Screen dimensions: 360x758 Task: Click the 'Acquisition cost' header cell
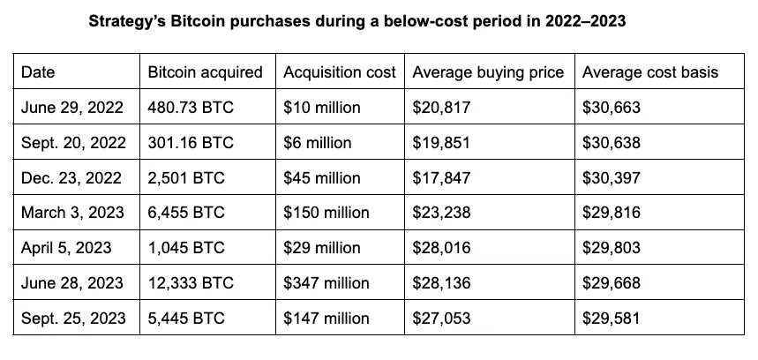pyautogui.click(x=340, y=72)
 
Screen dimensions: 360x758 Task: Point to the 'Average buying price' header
pyautogui.click(x=488, y=72)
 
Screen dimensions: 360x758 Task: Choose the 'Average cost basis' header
pyautogui.click(x=650, y=72)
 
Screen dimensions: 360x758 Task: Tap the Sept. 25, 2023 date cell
pyautogui.click(x=72, y=319)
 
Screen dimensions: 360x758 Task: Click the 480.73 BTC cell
pyautogui.click(x=186, y=108)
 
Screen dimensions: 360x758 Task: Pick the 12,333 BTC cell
pyautogui.click(x=191, y=283)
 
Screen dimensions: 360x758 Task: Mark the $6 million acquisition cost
pyautogui.click(x=318, y=143)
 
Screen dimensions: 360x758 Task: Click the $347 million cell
pyautogui.click(x=326, y=283)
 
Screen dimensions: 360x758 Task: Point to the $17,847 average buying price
pyautogui.click(x=442, y=177)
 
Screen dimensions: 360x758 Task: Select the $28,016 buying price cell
pyautogui.click(x=442, y=248)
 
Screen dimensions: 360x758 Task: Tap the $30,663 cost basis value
pyautogui.click(x=612, y=108)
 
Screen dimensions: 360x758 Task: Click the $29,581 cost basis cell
pyautogui.click(x=612, y=319)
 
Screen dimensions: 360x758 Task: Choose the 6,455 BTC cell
pyautogui.click(x=186, y=213)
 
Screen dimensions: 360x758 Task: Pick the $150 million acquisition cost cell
pyautogui.click(x=326, y=213)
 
